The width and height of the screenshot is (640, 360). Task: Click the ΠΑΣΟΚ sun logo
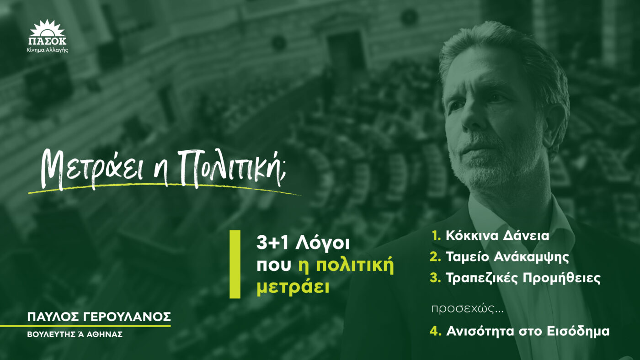tap(48, 32)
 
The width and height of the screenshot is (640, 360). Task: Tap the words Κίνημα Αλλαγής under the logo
tap(48, 50)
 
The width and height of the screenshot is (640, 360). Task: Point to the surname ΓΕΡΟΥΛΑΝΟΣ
tap(128, 317)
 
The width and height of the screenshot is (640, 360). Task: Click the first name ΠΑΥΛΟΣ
tap(54, 317)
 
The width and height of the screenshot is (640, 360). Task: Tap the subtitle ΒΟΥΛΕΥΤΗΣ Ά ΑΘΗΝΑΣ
tap(75, 334)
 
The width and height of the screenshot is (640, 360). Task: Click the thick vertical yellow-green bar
tap(235, 265)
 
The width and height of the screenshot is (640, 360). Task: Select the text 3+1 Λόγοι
tap(303, 244)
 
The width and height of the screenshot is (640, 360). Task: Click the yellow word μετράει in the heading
tap(293, 286)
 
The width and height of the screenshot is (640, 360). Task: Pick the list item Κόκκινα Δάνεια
tap(497, 236)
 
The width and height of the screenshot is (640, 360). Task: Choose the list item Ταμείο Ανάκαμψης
tap(507, 257)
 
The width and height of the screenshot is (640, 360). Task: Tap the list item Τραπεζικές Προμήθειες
tap(523, 278)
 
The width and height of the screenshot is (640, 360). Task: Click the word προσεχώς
tap(467, 309)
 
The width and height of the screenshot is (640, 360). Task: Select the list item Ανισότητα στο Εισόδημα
tap(528, 332)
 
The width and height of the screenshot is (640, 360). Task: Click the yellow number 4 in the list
tap(435, 332)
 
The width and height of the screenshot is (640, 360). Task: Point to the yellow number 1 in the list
tap(435, 236)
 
